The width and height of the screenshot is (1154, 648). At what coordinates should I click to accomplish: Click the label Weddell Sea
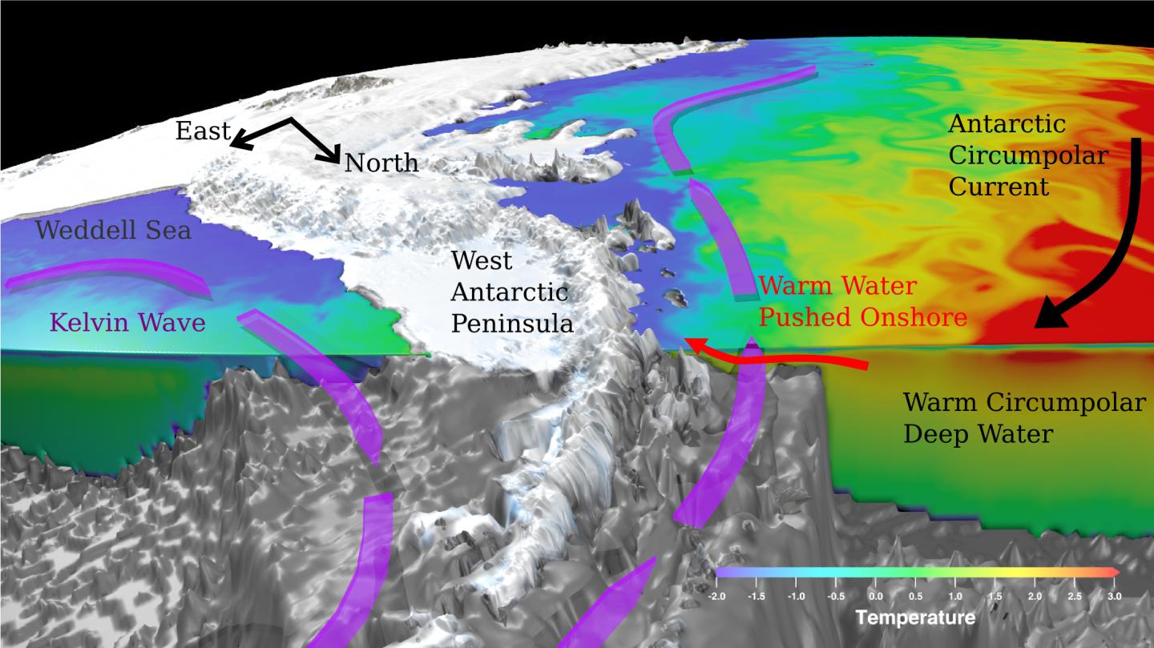point(113,231)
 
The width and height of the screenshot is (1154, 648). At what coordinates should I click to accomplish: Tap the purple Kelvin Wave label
point(127,323)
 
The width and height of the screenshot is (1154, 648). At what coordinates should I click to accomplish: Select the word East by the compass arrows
point(203,131)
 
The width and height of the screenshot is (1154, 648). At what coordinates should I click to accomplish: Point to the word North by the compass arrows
point(381,163)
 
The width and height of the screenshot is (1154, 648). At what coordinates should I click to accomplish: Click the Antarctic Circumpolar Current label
point(1027,155)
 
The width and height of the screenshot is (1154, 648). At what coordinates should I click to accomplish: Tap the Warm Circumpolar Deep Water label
point(1024,418)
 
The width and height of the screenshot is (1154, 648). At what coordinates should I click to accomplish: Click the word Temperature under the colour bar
point(914,618)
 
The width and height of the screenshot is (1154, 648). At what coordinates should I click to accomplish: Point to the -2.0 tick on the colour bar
point(719,597)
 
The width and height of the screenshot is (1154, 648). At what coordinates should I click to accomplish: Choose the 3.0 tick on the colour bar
point(1114,597)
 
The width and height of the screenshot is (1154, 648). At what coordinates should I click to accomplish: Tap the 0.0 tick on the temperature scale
point(875,597)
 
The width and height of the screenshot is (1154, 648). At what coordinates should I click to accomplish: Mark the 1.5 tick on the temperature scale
point(995,597)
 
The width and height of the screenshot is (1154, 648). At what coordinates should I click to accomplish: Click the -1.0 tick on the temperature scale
point(797,597)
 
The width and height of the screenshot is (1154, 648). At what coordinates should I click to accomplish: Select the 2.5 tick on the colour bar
point(1074,597)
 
